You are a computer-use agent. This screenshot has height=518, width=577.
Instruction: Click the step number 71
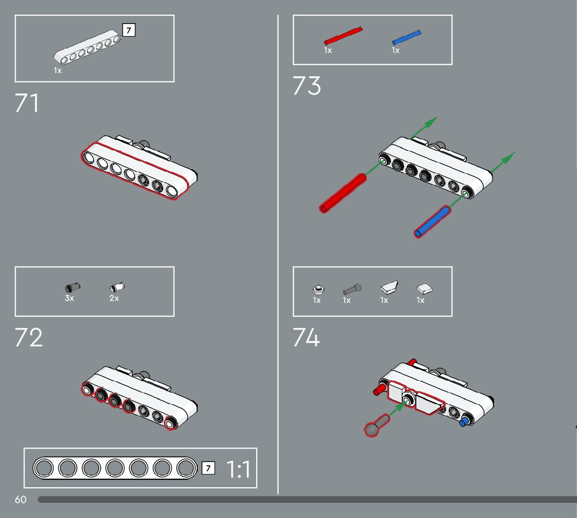pyautogui.click(x=27, y=103)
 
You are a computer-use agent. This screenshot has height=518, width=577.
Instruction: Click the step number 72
pyautogui.click(x=29, y=338)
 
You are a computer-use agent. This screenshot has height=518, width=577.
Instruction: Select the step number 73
pyautogui.click(x=307, y=86)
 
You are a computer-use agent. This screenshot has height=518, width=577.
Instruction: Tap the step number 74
pyautogui.click(x=306, y=338)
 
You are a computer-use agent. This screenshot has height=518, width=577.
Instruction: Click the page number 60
pyautogui.click(x=20, y=500)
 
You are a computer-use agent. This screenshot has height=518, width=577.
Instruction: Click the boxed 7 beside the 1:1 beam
pyautogui.click(x=208, y=468)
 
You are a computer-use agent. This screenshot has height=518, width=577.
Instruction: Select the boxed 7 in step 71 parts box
pyautogui.click(x=128, y=30)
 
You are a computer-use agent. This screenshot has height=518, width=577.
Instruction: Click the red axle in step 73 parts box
pyautogui.click(x=343, y=36)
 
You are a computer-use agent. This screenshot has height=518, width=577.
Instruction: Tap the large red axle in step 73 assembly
pyautogui.click(x=342, y=193)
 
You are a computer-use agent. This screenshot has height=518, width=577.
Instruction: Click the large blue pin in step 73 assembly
pyautogui.click(x=432, y=222)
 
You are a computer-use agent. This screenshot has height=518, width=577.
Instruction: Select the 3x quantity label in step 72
pyautogui.click(x=69, y=298)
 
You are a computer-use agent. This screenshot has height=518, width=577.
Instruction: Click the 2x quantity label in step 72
pyautogui.click(x=114, y=298)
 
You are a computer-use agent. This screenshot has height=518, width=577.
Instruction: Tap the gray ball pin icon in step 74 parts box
pyautogui.click(x=352, y=288)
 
